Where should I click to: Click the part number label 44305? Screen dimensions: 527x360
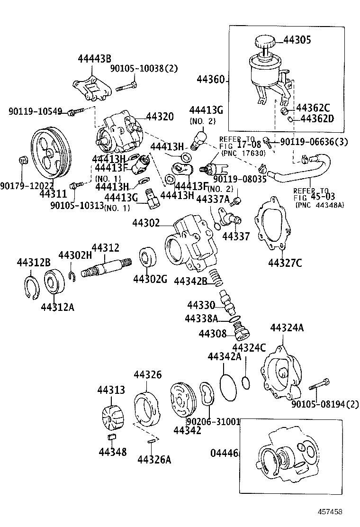coord(297,40)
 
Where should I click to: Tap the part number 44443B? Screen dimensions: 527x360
coord(94,59)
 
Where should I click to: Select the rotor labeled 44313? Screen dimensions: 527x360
coord(111,418)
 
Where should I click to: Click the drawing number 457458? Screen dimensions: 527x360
coord(330,512)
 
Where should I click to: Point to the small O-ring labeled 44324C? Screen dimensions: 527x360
coord(245,382)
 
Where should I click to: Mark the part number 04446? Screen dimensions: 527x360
coord(224,453)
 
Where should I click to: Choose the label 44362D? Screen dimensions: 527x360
coord(317,118)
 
